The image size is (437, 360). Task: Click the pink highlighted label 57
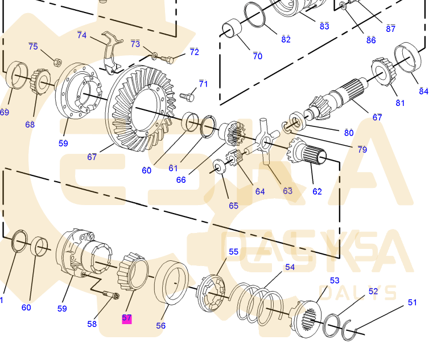(126, 319)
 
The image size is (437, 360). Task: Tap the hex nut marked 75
(57, 61)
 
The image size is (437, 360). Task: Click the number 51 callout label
(413, 302)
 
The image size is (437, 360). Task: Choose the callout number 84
(423, 91)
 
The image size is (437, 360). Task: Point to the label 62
(317, 191)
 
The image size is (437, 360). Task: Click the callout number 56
(161, 325)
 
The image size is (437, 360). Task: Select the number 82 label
(286, 39)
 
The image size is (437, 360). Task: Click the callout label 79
(362, 149)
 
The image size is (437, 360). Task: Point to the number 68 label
(30, 124)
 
